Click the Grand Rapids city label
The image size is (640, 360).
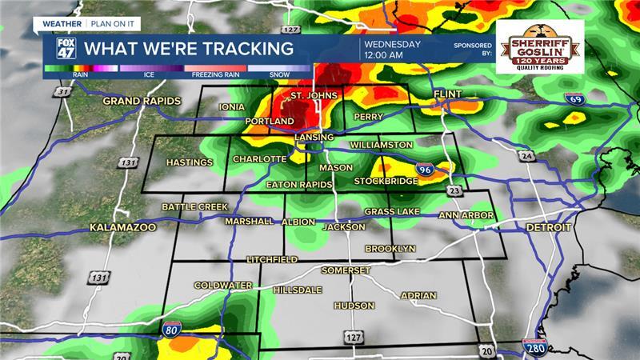click(x=142, y=101)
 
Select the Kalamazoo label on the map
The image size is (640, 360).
click(x=122, y=227)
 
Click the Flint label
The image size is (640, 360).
click(x=448, y=94)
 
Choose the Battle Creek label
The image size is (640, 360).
click(x=195, y=206)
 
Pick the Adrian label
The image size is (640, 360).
click(x=418, y=295)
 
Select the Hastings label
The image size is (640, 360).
click(x=190, y=163)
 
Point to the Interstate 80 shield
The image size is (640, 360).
click(x=175, y=327)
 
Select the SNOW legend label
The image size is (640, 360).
click(x=279, y=74)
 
